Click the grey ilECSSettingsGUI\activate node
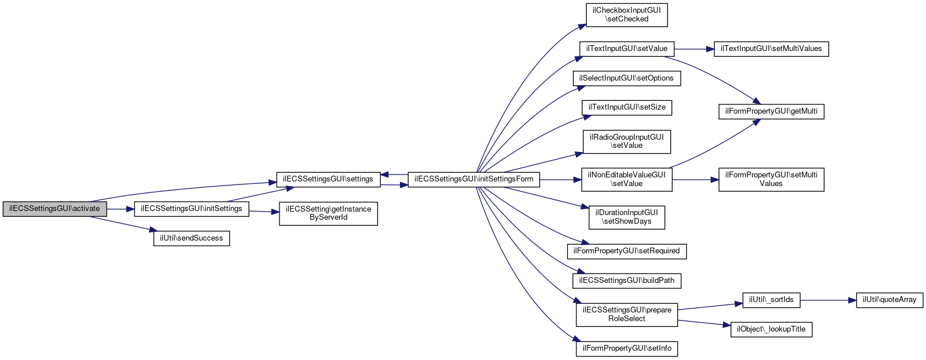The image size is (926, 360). pos(55,209)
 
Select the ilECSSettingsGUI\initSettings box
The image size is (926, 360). pos(191,209)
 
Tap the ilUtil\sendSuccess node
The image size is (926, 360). pos(191,238)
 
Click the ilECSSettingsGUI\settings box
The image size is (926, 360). pos(328,179)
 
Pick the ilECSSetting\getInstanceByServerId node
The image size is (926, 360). pos(328,213)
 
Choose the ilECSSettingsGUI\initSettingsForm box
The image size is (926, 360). pos(474,179)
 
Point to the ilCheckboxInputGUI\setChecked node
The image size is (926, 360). pos(627,15)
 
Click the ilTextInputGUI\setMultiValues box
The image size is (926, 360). pos(771,49)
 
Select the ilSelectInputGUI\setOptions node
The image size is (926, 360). pos(627,78)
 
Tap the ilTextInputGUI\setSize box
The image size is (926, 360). pos(627,107)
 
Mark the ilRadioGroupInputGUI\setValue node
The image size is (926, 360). pos(627,142)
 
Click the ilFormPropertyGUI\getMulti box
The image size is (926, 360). pos(771,112)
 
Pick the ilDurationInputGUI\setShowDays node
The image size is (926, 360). pos(627,217)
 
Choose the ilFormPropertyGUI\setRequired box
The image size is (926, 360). pos(627,251)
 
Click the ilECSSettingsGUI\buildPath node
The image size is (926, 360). pos(627,281)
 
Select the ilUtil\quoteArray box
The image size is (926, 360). pos(889,300)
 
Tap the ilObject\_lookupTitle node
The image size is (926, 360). pos(771,329)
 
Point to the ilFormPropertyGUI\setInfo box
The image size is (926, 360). pos(627,349)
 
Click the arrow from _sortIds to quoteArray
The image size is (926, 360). pos(828,300)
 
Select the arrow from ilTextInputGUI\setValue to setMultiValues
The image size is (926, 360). pos(694,49)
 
